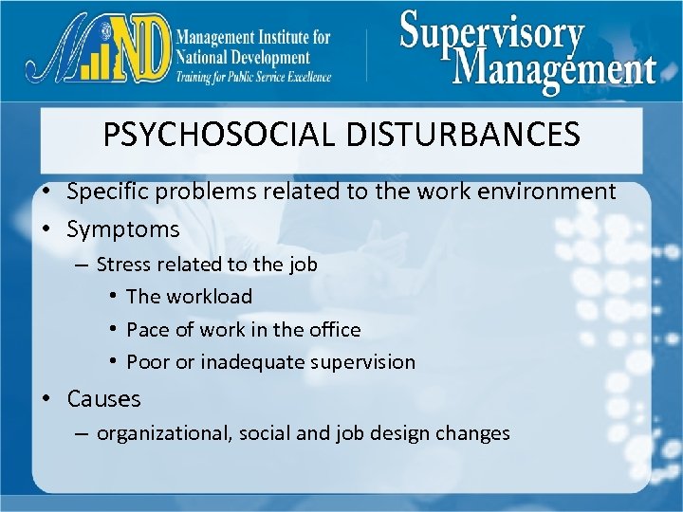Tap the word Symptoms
click(x=123, y=229)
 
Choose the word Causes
click(x=103, y=398)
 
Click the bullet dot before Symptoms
click(x=46, y=229)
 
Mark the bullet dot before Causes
click(x=46, y=398)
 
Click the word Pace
click(x=145, y=329)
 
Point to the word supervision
click(x=367, y=361)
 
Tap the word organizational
click(x=163, y=433)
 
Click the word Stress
click(x=123, y=264)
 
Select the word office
click(x=331, y=329)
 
